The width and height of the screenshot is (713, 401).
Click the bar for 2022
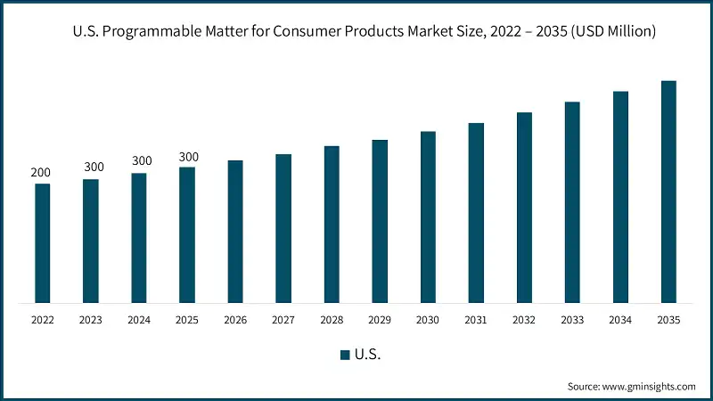pyautogui.click(x=42, y=243)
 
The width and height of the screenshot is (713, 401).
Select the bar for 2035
pyautogui.click(x=668, y=192)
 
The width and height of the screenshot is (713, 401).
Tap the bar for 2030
pyautogui.click(x=428, y=217)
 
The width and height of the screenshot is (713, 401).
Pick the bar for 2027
pyautogui.click(x=283, y=228)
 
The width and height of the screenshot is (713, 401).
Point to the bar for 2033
pyautogui.click(x=572, y=202)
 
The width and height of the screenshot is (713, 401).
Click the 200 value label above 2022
pyautogui.click(x=41, y=172)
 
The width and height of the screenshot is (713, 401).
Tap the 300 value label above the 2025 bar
pyautogui.click(x=189, y=157)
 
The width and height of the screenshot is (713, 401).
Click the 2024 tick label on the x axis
pyautogui.click(x=138, y=318)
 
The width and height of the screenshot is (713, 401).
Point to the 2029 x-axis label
pyautogui.click(x=380, y=318)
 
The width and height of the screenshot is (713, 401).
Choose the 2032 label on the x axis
pyautogui.click(x=524, y=318)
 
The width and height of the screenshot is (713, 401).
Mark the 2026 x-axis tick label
pyautogui.click(x=235, y=318)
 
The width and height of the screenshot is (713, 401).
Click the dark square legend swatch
pyautogui.click(x=345, y=355)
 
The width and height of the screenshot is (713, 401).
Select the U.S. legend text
pyautogui.click(x=367, y=355)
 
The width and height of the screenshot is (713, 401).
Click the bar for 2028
pyautogui.click(x=332, y=225)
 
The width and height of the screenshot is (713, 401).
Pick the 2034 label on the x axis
pyautogui.click(x=620, y=318)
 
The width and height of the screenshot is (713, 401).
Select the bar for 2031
pyautogui.click(x=476, y=213)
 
